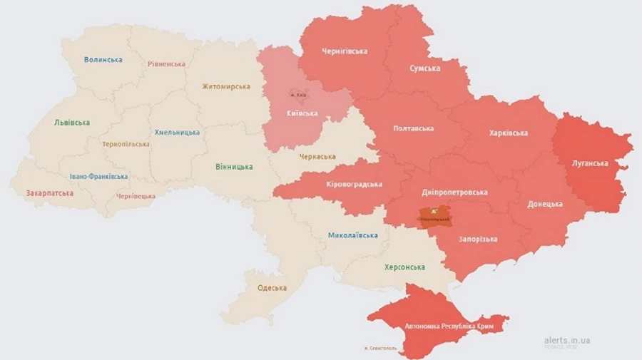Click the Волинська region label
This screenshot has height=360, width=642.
coord(103,60)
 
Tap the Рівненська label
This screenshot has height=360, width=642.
coord(166,64)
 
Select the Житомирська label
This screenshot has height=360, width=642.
coord(225,86)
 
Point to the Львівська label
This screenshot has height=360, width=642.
coord(72,123)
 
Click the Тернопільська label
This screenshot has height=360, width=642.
coord(126,144)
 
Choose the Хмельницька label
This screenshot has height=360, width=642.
coord(177,133)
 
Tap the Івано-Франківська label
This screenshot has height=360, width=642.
coord(98,177)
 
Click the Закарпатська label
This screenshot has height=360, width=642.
coord(49,193)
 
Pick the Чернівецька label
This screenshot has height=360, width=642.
coord(135,196)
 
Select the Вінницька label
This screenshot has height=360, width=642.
coord(234,167)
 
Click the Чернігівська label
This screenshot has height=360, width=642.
coord(345,51)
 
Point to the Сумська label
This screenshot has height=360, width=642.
coord(424,68)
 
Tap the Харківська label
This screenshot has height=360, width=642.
coord(508,133)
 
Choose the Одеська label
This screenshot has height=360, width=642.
coord(272,288)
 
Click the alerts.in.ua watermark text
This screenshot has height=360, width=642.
coord(566,341)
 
